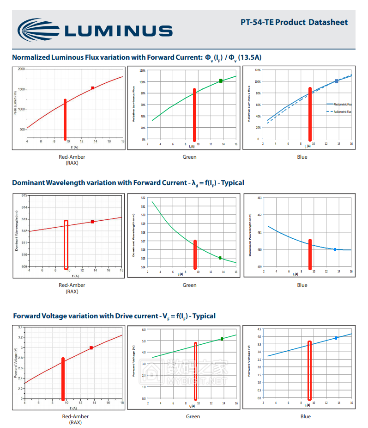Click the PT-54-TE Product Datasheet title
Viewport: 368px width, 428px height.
point(294,22)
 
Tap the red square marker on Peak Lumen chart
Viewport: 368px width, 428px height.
point(93,88)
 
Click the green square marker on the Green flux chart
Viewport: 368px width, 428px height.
point(221,81)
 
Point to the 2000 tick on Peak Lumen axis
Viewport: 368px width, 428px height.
point(21,69)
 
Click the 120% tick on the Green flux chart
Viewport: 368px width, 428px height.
point(143,71)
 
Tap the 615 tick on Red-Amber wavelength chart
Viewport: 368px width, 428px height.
point(24,195)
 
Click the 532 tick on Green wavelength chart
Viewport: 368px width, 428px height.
point(143,198)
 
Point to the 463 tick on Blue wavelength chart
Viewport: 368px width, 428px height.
point(259,198)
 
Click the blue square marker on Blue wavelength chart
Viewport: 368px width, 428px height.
point(335,249)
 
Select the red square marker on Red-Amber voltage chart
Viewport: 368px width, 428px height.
point(91,347)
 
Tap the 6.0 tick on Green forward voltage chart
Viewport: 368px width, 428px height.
point(144,330)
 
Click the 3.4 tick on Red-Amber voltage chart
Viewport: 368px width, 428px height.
point(21,327)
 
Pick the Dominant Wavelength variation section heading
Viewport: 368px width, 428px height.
point(128,183)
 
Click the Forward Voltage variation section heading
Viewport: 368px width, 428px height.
point(114,316)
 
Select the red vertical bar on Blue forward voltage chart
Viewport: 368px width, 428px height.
point(309,370)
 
